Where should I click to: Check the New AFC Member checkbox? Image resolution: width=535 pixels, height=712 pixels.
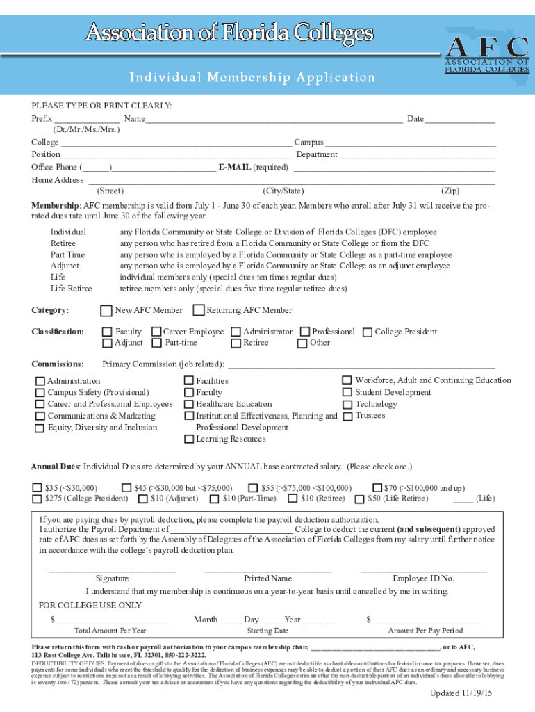106,311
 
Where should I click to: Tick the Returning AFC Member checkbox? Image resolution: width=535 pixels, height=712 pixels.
199,311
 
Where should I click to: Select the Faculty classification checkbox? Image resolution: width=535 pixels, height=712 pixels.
107,332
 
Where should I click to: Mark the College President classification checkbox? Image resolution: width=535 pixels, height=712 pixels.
368,332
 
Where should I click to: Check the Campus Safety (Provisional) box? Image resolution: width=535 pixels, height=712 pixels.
40,393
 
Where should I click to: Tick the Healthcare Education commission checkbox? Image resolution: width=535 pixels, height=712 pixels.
188,404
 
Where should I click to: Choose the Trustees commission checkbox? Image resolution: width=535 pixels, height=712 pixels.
347,416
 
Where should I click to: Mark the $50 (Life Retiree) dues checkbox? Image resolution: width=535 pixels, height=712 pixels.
359,499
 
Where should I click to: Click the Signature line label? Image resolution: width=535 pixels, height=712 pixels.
112,578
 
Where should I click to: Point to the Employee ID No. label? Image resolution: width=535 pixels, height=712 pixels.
423,578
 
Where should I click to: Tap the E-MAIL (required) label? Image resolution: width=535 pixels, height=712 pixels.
253,168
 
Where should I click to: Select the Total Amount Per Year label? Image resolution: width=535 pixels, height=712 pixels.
110,631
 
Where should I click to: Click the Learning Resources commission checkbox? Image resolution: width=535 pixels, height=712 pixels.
188,439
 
